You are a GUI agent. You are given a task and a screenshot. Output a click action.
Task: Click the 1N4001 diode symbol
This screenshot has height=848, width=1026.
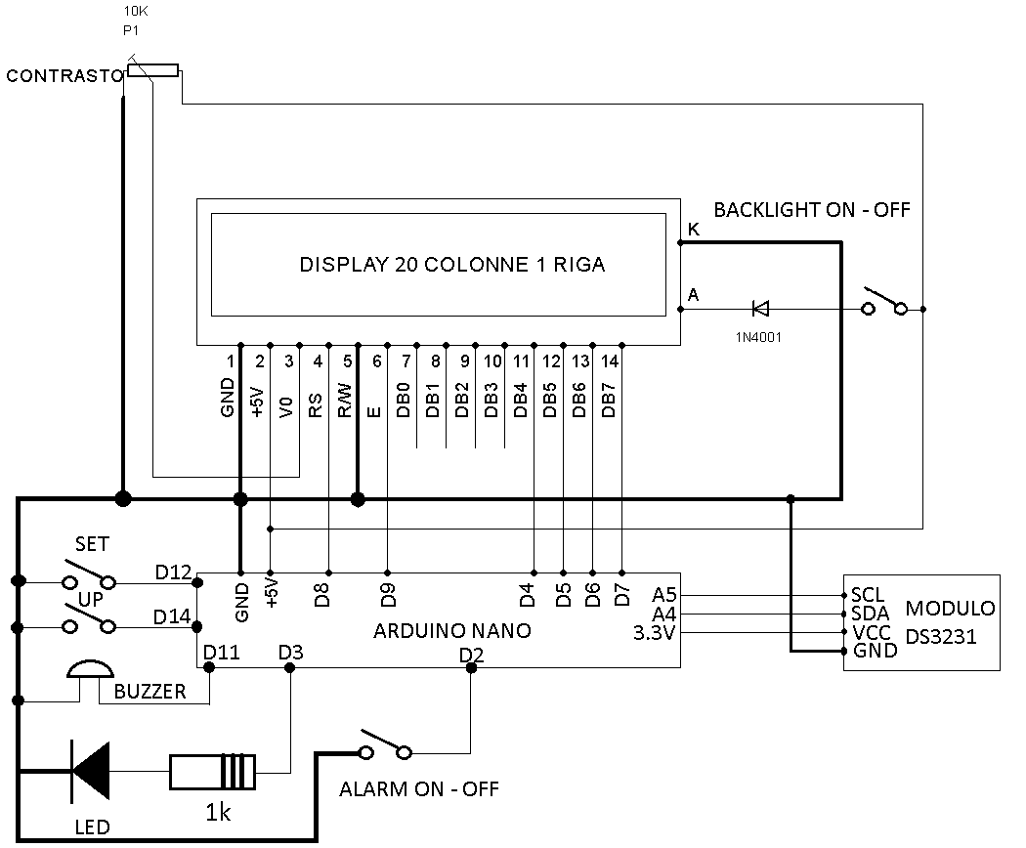(x=760, y=308)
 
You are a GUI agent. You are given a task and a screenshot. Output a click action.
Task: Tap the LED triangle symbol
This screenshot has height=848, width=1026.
(x=90, y=771)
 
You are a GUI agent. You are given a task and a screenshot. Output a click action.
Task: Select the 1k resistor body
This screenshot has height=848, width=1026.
(x=213, y=772)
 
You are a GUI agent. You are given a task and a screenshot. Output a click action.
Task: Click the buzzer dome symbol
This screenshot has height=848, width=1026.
(x=90, y=668)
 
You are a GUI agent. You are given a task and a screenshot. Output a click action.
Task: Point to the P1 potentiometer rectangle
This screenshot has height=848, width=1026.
(x=153, y=70)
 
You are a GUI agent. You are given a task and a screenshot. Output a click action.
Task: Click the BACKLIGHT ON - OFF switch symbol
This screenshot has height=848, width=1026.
(x=884, y=301)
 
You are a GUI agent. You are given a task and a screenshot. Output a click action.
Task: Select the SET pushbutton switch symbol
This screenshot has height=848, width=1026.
(x=89, y=573)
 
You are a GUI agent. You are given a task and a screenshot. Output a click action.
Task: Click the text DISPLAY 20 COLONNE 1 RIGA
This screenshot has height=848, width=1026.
(x=452, y=265)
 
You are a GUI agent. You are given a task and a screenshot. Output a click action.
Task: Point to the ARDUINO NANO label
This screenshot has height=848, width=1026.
(x=452, y=631)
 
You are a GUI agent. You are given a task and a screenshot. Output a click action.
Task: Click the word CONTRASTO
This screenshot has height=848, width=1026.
(x=64, y=76)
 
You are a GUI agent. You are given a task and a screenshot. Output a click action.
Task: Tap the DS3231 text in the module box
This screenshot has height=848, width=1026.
(x=941, y=636)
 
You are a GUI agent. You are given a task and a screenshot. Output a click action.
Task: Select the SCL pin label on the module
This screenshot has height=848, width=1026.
(x=868, y=595)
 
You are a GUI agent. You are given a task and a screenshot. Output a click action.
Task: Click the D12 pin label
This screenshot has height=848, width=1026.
(x=173, y=572)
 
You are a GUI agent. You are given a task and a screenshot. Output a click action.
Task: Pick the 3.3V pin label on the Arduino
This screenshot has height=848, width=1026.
(x=654, y=633)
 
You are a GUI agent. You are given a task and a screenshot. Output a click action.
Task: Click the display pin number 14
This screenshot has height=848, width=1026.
(x=609, y=361)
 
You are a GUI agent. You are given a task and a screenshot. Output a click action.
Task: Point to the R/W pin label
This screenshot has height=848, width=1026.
(x=345, y=401)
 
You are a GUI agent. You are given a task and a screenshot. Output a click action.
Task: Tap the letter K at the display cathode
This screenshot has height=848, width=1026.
(x=694, y=229)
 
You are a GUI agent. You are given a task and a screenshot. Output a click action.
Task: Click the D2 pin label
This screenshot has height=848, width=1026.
(x=471, y=655)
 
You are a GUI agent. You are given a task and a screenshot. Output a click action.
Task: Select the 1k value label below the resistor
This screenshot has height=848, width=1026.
(x=218, y=813)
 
